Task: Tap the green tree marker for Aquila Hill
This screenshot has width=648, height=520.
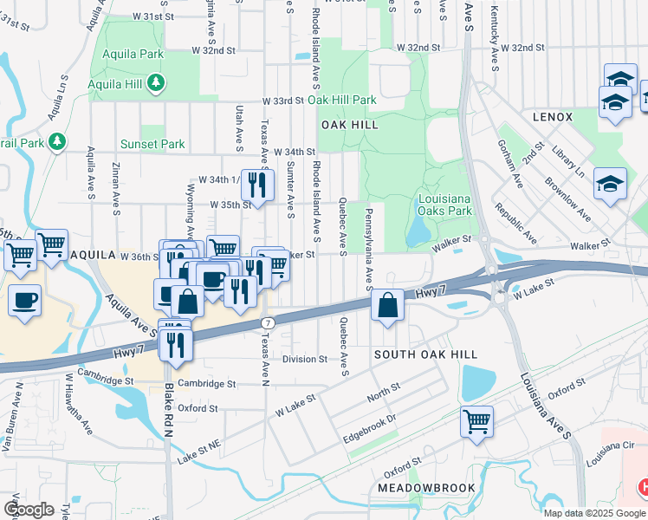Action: [156, 83]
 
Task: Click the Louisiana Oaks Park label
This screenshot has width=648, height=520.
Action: [444, 204]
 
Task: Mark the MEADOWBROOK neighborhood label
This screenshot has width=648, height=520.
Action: [426, 488]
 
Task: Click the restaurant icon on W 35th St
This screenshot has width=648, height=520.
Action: [256, 183]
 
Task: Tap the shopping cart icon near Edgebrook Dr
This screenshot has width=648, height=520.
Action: [476, 422]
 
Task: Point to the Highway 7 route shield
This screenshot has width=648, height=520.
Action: [268, 322]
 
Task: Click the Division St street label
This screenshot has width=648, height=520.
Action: [304, 359]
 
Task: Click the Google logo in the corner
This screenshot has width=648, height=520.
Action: [29, 509]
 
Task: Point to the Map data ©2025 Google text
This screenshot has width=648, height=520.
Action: [594, 512]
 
